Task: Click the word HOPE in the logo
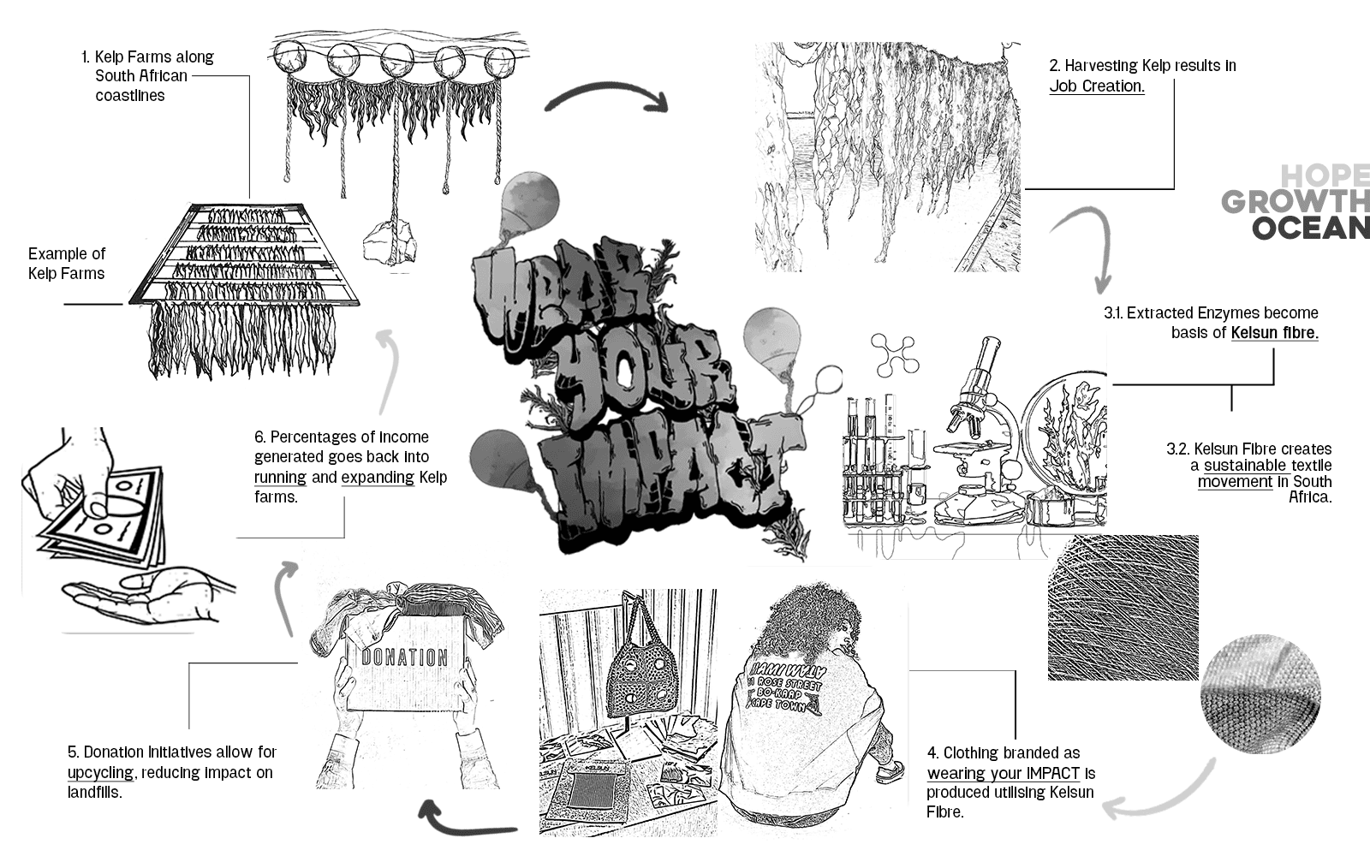click(x=1325, y=176)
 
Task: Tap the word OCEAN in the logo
click(x=1310, y=229)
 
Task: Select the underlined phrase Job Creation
click(x=1097, y=86)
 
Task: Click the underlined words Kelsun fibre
click(x=1274, y=332)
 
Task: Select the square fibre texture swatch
click(x=1123, y=608)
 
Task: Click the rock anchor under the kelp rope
click(x=387, y=242)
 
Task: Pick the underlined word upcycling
click(x=100, y=772)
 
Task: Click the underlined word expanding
click(x=378, y=477)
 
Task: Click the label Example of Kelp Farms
click(x=66, y=264)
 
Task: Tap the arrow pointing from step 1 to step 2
click(x=606, y=96)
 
